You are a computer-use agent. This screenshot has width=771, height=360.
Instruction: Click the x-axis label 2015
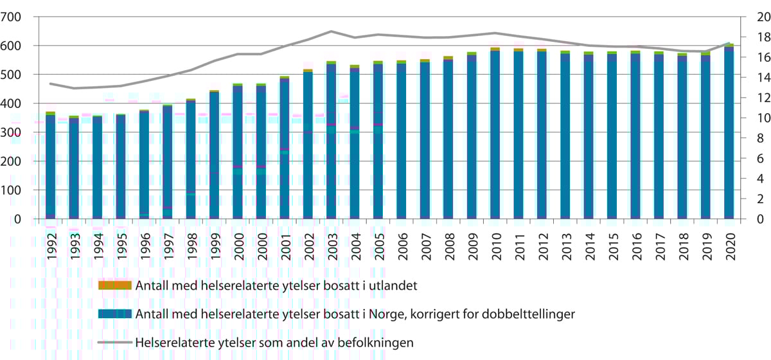tap(612, 245)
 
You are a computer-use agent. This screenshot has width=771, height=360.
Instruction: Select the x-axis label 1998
tap(191, 245)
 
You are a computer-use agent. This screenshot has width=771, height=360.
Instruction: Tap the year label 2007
tap(425, 245)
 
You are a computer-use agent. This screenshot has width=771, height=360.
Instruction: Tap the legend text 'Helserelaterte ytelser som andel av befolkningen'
tap(274, 343)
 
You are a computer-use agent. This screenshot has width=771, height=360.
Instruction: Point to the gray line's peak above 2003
tap(331, 31)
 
